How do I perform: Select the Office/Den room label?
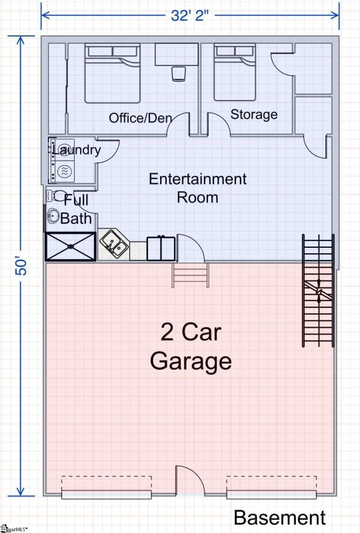click(141, 118)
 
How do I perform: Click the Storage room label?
click(254, 115)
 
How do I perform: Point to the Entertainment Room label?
click(197, 188)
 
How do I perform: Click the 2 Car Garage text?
click(190, 346)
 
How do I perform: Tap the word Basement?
click(279, 518)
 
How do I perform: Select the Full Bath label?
click(74, 208)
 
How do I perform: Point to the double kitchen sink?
click(115, 245)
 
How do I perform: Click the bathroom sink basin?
click(53, 217)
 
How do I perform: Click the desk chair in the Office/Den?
click(179, 74)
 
